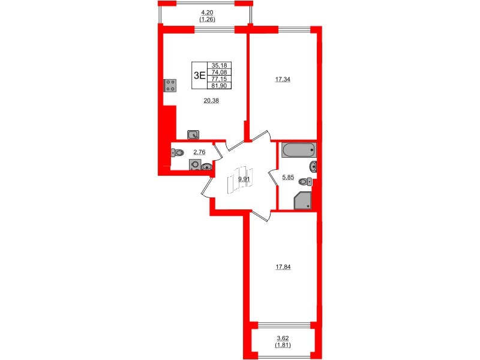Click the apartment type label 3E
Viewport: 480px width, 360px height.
tap(199, 75)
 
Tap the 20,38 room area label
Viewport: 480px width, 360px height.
tap(211, 101)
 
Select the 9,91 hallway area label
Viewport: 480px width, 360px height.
tap(243, 179)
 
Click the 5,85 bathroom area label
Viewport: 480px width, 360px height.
tap(289, 176)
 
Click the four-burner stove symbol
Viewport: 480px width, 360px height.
tap(169, 85)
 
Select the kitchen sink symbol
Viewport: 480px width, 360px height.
tap(193, 134)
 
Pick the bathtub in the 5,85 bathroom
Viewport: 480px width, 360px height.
tap(298, 149)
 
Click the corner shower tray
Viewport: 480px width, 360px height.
tap(302, 200)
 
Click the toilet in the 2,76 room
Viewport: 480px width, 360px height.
tap(179, 153)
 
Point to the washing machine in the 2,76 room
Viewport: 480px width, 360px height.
tap(194, 165)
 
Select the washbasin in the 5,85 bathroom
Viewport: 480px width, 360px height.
tap(313, 166)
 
